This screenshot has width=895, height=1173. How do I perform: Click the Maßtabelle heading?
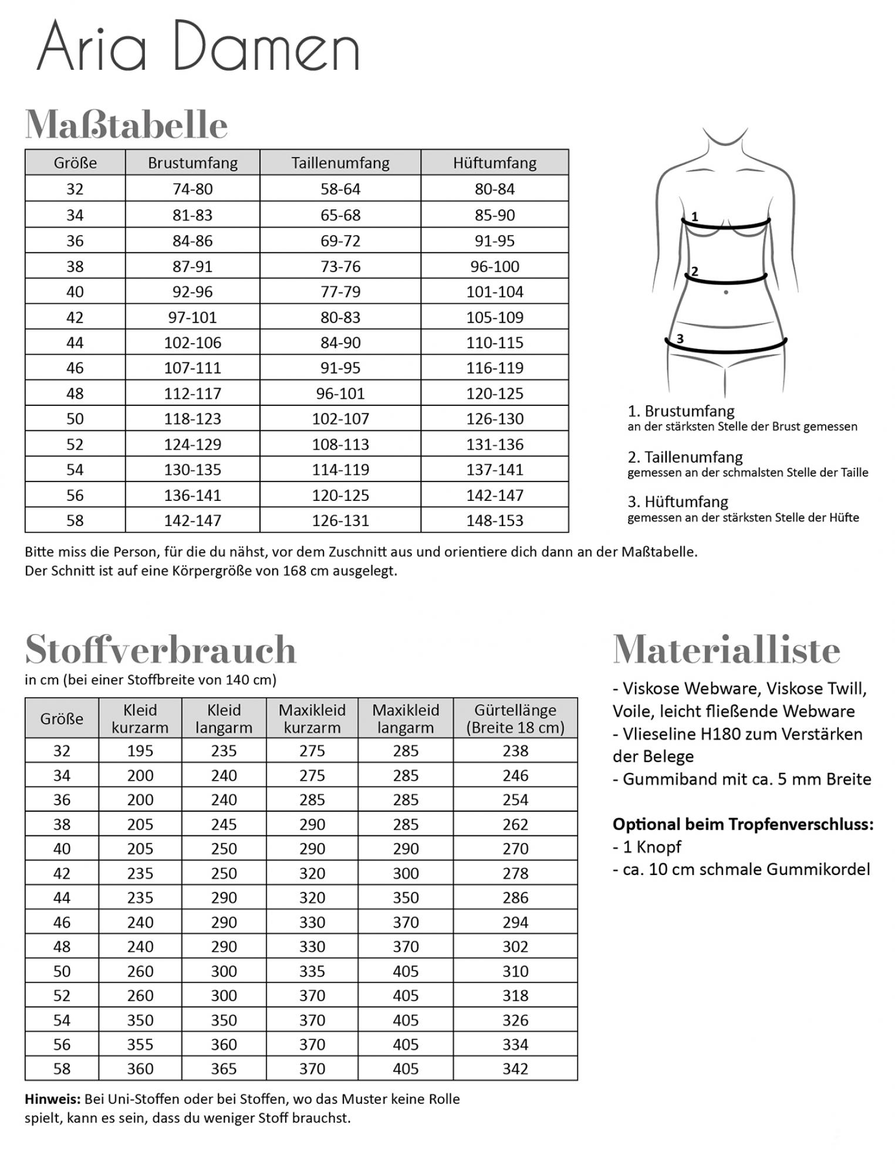tap(126, 124)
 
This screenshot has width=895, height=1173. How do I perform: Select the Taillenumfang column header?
tap(340, 162)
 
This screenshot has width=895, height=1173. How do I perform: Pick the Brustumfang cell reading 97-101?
tap(192, 317)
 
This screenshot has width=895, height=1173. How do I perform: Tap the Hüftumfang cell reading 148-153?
tap(495, 520)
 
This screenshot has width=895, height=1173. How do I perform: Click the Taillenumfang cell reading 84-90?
tap(340, 343)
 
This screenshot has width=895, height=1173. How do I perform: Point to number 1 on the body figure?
tap(695, 216)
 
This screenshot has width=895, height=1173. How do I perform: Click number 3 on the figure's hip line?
tap(680, 338)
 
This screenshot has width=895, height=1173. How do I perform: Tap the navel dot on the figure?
tap(727, 292)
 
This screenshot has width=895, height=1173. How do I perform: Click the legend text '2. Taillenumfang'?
tap(685, 457)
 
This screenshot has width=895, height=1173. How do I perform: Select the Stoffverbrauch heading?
tap(161, 649)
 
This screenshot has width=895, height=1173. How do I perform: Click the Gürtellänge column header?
tap(515, 718)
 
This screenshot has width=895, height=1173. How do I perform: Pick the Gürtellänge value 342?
tap(515, 1069)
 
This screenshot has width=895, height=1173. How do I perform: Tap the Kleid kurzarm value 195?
tap(140, 751)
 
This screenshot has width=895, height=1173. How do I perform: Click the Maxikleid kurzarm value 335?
tap(312, 971)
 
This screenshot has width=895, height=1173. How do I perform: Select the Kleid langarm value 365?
tap(224, 1069)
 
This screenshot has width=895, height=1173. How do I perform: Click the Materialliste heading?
tap(727, 649)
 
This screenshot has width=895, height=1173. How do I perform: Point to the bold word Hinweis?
tap(52, 1099)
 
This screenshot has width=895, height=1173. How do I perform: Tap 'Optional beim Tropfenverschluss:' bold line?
tap(743, 824)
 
